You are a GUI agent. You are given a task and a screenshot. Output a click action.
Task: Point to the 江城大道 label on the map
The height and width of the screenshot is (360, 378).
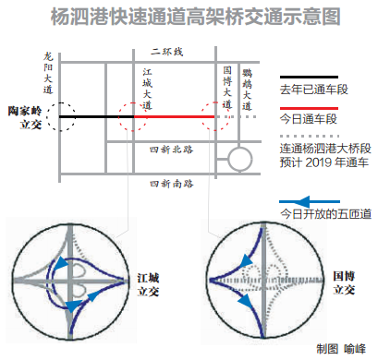click(x=148, y=89)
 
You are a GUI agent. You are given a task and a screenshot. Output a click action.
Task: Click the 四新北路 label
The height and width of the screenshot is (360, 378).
click(x=171, y=148)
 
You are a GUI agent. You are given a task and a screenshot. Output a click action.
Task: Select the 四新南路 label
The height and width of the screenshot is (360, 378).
click(x=171, y=184)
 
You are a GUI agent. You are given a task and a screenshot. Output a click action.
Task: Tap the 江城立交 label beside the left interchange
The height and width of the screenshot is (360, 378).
click(x=150, y=283)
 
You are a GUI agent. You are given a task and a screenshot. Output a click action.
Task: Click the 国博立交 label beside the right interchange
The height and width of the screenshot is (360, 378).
click(x=344, y=282)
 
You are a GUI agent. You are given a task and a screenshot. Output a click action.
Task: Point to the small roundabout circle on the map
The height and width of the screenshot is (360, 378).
click(x=238, y=161)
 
